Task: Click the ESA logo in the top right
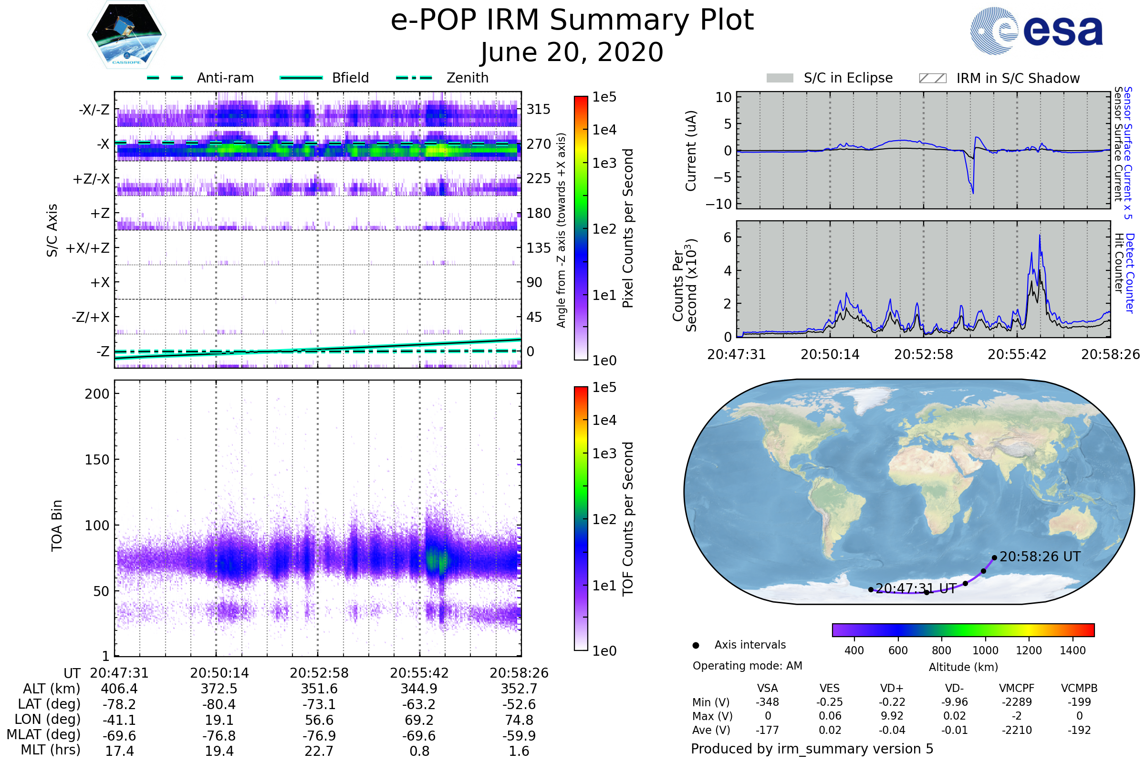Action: click(1037, 30)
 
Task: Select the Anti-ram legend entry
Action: click(200, 78)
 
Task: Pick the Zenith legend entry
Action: click(442, 78)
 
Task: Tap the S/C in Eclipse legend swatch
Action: click(780, 78)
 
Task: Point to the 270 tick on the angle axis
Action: click(539, 144)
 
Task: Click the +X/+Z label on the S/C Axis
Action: click(88, 248)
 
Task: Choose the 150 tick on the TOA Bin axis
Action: click(97, 460)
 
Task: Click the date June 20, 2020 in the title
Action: click(572, 52)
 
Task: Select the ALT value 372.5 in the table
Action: click(219, 689)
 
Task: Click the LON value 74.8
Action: click(519, 720)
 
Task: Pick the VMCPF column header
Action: click(1017, 689)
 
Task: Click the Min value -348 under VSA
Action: click(767, 702)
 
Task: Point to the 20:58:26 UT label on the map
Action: click(1040, 557)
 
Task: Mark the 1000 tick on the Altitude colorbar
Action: click(985, 650)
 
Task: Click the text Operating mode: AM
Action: click(747, 666)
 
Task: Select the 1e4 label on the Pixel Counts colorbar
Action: click(604, 130)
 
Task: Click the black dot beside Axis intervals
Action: click(696, 645)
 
